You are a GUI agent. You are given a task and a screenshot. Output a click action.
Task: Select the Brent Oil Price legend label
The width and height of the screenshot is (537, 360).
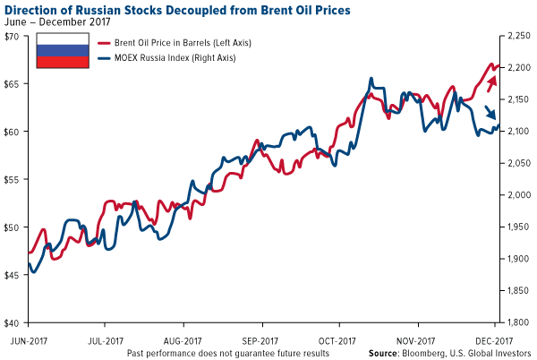tap(177, 43)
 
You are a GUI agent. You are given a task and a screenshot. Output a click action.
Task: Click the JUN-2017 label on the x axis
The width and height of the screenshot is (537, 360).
tap(28, 341)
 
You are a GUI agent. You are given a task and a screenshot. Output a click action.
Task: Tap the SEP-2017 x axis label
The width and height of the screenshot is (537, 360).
tap(261, 341)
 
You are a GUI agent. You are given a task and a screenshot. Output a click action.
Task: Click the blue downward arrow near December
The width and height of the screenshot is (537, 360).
tap(490, 113)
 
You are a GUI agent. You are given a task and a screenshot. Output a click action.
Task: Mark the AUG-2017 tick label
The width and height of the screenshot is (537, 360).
tap(183, 341)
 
